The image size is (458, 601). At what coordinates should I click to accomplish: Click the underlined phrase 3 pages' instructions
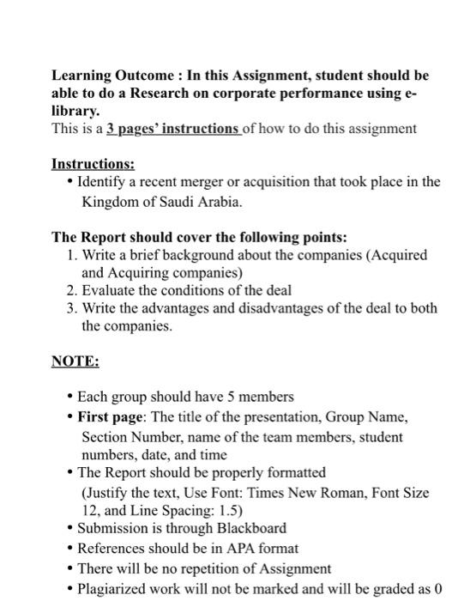point(173,129)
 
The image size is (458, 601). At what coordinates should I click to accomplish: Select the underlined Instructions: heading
point(93,163)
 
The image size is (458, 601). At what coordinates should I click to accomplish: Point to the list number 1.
point(71,255)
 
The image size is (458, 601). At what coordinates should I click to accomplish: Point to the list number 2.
point(71,290)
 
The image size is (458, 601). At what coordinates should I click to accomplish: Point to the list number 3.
point(71,308)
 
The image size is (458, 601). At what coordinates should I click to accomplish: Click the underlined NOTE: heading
point(75,361)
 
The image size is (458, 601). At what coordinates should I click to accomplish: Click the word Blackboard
point(245,528)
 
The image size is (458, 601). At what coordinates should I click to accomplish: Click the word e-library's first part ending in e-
point(419,94)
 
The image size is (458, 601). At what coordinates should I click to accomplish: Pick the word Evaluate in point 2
point(109,290)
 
